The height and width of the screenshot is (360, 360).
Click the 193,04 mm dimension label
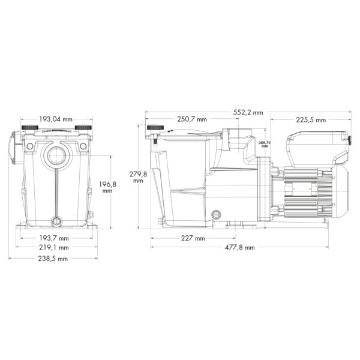click(56, 119)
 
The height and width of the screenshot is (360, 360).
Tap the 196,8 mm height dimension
click(107, 187)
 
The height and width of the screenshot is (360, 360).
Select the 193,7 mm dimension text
click(54, 238)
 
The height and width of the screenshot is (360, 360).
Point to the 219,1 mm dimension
click(54, 247)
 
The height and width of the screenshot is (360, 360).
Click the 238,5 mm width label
click(53, 259)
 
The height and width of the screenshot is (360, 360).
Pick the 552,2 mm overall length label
click(248, 113)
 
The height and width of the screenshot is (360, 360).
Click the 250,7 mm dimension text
click(192, 119)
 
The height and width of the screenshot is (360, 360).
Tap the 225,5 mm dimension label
click(311, 120)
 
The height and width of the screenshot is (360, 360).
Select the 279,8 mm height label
click(138, 177)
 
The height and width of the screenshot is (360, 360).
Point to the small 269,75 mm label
click(265, 144)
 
